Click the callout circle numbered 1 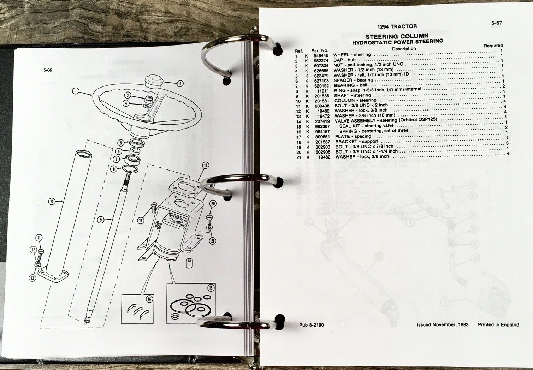pos(76,91)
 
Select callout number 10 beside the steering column pos(52,202)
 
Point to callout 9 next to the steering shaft pos(101,220)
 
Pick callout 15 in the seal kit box pos(211,288)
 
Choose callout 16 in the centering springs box pos(149,299)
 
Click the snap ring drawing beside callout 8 pos(130,169)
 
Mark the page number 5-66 pos(48,70)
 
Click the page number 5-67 pos(496,23)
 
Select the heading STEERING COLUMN pos(397,36)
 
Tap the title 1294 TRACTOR pos(397,26)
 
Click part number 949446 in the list pos(321,56)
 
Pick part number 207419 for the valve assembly pos(322,121)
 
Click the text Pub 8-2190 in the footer pos(312,325)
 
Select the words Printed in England pos(498,324)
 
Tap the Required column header pos(493,46)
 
